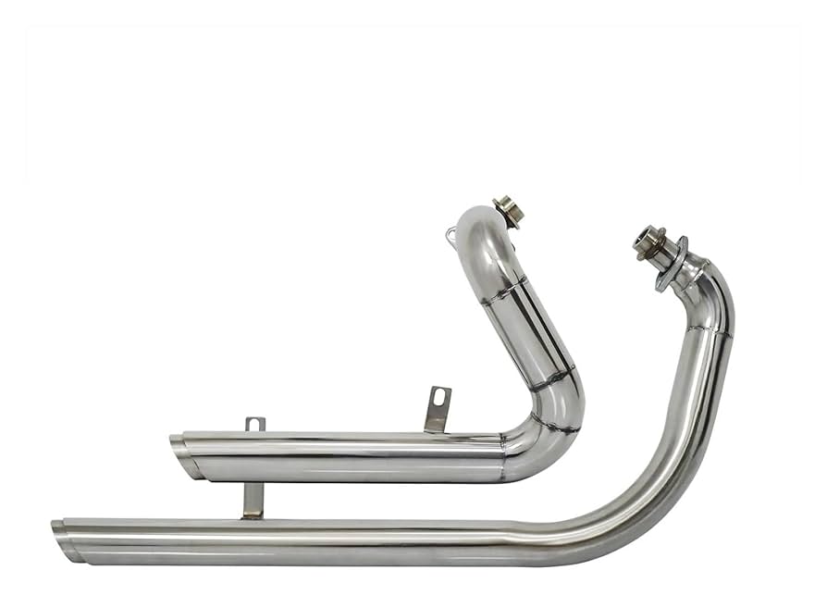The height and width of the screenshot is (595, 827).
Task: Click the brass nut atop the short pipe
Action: [508, 210]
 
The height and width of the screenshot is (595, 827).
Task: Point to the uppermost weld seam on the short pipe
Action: [505, 290]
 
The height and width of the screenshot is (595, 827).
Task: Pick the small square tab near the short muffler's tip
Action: [254, 424]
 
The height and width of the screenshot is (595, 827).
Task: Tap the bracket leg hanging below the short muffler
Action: [253, 500]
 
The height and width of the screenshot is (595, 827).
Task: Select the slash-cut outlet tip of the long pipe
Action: [68, 541]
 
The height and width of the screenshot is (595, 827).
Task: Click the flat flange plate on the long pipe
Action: [673, 264]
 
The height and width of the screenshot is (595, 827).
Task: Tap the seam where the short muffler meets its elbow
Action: [504, 456]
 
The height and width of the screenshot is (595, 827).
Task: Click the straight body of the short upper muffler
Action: [352, 456]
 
